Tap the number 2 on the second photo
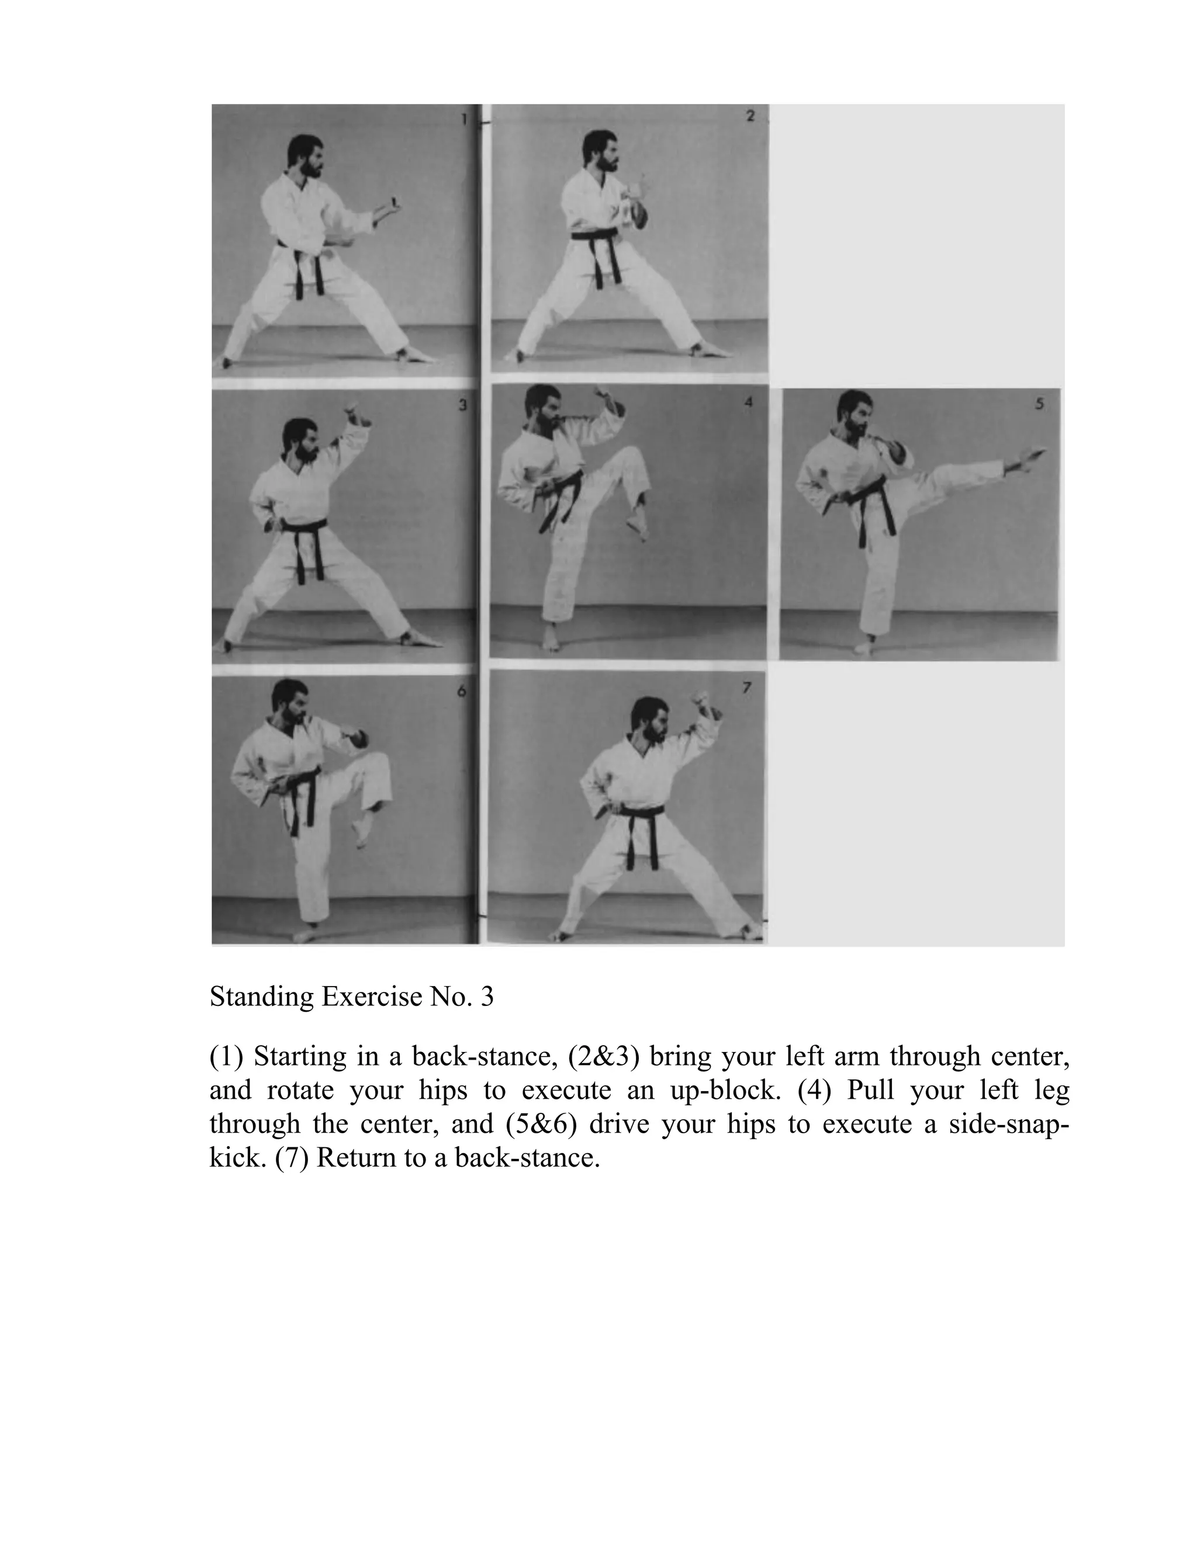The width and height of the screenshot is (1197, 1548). [x=750, y=116]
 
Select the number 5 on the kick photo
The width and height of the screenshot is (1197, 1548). [x=1039, y=404]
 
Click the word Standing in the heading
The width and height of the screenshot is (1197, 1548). [x=262, y=997]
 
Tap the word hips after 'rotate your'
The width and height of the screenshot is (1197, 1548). [x=443, y=1089]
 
